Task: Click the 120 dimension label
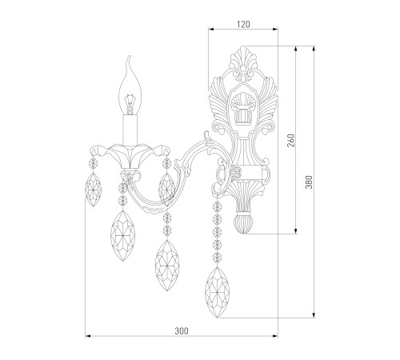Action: pos(243,25)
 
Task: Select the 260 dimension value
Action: pos(291,141)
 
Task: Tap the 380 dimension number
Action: pos(309,182)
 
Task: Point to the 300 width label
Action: pos(182,331)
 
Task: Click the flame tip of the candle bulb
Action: pos(129,57)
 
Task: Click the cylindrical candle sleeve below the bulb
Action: pos(130,130)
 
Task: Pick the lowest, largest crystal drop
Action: pos(218,293)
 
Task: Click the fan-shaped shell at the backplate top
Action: pos(243,59)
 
